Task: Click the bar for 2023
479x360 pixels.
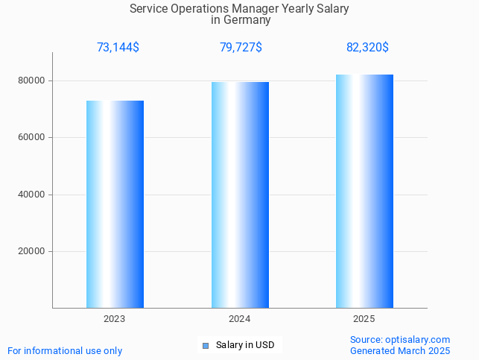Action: coord(115,204)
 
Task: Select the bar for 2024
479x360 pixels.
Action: coord(240,195)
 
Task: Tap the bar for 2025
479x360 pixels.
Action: coord(364,191)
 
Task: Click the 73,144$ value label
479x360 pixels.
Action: coord(118,48)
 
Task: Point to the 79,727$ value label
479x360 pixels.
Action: coord(241,48)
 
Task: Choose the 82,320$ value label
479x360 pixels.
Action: coord(367,48)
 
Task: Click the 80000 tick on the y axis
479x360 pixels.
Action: coord(32,80)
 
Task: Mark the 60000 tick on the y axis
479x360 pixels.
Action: coord(32,137)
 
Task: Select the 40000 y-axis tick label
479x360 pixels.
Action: coord(32,195)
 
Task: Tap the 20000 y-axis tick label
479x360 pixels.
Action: coord(32,251)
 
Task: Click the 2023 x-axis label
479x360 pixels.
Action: coord(115,318)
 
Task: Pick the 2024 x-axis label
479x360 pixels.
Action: coord(240,318)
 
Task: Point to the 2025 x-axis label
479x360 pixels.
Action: coord(364,318)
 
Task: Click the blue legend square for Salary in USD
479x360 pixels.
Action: coord(206,345)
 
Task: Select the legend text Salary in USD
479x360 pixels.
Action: coord(245,345)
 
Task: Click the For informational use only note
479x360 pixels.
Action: coord(65,350)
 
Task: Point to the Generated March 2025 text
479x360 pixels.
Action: coord(400,350)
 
